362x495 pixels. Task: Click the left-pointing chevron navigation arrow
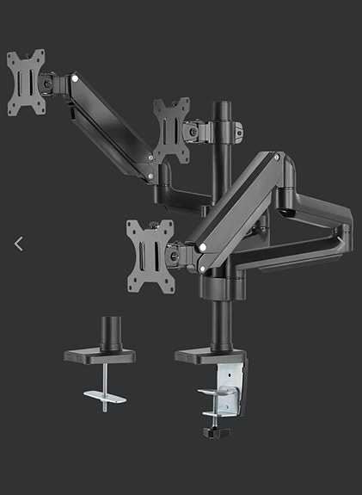coord(19,244)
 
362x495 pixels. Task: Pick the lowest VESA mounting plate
coord(150,245)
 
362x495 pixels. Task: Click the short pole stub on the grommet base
coord(109,333)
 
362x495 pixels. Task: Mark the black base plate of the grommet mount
coord(107,355)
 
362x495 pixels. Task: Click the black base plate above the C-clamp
coord(212,355)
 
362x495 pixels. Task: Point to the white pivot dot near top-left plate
coord(76,79)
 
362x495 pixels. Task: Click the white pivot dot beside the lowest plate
coord(201,247)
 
